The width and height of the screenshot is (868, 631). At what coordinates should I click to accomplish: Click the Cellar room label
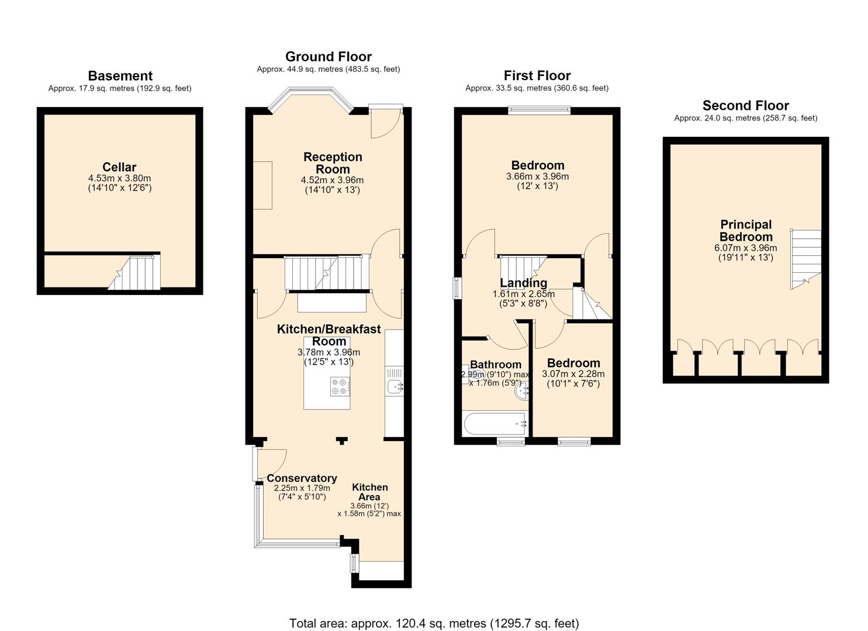[119, 167]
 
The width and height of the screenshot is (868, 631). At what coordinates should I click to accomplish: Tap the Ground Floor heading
[328, 57]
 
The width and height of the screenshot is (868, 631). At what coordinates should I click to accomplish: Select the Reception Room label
[333, 162]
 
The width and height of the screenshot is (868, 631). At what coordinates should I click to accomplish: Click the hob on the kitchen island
[340, 386]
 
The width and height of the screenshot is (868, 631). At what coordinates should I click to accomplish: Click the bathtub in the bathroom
[495, 424]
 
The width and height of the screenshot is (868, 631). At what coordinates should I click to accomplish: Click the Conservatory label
[302, 478]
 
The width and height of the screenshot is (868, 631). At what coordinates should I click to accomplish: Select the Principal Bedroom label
[746, 230]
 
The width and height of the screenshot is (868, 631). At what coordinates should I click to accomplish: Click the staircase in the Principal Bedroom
[805, 259]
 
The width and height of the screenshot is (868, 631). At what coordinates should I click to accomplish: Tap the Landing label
[524, 283]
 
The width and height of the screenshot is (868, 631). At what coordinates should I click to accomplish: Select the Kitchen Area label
[369, 492]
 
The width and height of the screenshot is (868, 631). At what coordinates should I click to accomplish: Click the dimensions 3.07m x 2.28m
[573, 374]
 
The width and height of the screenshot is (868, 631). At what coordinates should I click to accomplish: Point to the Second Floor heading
[746, 105]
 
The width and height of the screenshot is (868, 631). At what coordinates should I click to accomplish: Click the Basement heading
[120, 75]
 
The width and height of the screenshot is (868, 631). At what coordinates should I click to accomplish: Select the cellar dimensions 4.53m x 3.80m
[119, 179]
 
